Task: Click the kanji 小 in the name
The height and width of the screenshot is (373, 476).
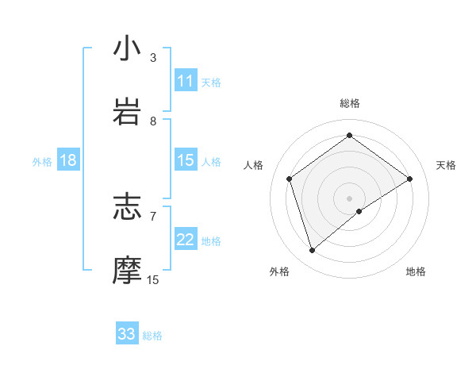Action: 127,48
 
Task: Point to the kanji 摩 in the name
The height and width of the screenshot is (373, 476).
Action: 127,269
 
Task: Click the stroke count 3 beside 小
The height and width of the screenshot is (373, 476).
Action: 153,58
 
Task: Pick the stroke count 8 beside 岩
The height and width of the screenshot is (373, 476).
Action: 153,121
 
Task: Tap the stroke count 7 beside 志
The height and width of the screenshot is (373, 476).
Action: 153,216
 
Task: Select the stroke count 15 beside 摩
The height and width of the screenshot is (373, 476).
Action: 153,279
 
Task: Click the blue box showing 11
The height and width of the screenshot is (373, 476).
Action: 186,81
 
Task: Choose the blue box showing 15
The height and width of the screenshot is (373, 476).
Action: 186,160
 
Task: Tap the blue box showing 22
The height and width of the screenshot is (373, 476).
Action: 186,240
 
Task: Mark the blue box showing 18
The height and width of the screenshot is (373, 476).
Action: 68,160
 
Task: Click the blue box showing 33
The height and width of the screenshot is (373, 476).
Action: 127,334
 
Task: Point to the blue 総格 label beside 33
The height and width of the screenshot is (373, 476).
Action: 152,336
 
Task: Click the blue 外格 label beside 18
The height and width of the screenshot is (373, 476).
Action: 42,162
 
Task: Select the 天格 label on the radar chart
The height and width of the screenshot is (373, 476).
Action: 446,165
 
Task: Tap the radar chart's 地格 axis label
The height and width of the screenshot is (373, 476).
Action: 416,271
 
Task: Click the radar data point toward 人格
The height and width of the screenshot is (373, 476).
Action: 290,179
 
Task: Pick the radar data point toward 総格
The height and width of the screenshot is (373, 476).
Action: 349,136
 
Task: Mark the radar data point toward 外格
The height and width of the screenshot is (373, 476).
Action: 312,251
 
